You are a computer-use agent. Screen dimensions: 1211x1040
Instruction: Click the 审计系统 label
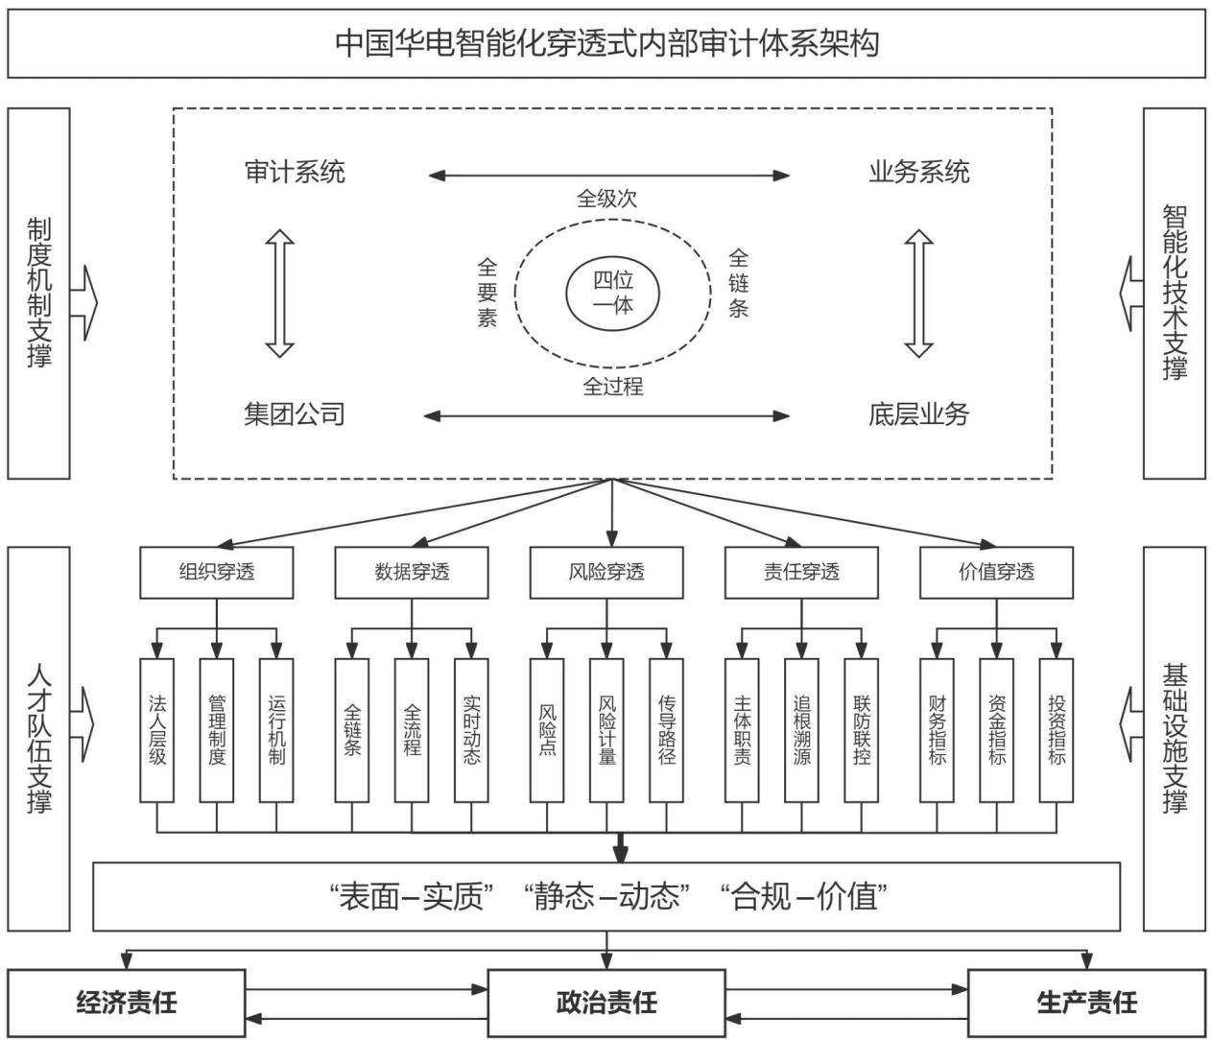pos(295,173)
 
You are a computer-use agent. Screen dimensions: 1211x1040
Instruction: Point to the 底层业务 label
pos(918,414)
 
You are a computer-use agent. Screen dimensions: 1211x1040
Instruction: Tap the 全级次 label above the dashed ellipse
pos(606,199)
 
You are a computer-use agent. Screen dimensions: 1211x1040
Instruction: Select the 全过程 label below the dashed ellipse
pos(613,386)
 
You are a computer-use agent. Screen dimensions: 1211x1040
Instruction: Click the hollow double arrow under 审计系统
pos(279,294)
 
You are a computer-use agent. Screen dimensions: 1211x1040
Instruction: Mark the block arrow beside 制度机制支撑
pos(84,303)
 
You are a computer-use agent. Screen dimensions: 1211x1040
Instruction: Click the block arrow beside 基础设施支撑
pos(1130,724)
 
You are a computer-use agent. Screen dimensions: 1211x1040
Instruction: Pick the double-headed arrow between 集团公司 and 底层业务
pos(606,416)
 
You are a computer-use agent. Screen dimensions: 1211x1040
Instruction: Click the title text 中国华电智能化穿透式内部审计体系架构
pos(606,43)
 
